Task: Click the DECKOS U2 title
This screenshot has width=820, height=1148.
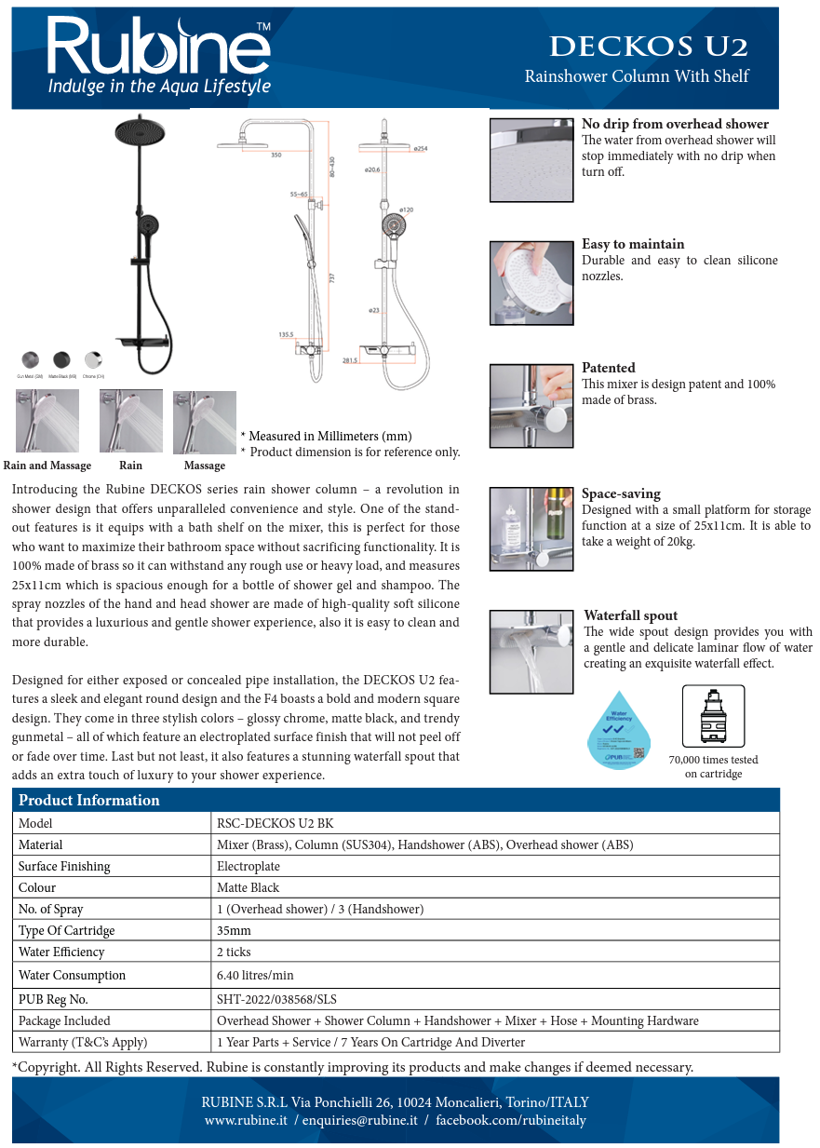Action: pyautogui.click(x=648, y=47)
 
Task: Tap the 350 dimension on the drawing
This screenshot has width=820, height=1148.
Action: pyautogui.click(x=276, y=155)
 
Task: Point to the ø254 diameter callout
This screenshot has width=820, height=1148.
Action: pyautogui.click(x=420, y=149)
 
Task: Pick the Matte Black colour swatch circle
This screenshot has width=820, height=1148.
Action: pyautogui.click(x=61, y=359)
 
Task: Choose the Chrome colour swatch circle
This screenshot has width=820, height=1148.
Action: pyautogui.click(x=93, y=359)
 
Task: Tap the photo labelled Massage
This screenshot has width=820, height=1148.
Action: pyautogui.click(x=205, y=422)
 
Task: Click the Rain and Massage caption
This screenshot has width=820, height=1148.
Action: pyautogui.click(x=47, y=466)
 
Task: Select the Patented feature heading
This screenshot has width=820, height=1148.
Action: pyautogui.click(x=608, y=368)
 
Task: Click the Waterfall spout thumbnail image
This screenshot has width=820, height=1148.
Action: pyautogui.click(x=531, y=651)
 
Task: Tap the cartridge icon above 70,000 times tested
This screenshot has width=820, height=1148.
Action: pyautogui.click(x=713, y=716)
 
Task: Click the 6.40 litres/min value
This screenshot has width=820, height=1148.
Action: pyautogui.click(x=254, y=975)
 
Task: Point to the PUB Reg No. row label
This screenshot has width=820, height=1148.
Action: pyautogui.click(x=53, y=999)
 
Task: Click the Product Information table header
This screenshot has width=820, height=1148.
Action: pyautogui.click(x=89, y=801)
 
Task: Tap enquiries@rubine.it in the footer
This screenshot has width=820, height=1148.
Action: pyautogui.click(x=359, y=1120)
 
